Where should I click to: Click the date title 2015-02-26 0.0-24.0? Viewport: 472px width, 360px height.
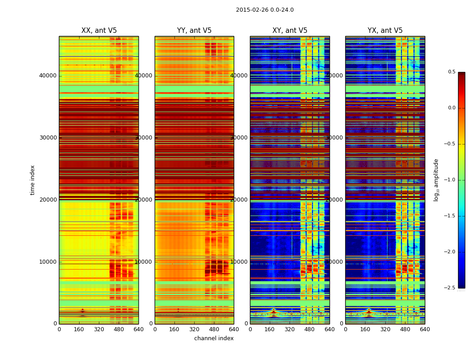point(265,10)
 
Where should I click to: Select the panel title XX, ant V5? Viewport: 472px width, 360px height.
point(99,31)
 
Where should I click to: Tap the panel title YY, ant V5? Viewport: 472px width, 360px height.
point(194,31)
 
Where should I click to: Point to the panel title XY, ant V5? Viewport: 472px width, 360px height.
point(290,31)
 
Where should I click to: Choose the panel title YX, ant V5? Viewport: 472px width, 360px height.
point(385,31)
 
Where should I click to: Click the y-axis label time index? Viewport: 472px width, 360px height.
point(32,180)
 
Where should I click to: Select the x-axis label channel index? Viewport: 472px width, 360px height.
point(214,338)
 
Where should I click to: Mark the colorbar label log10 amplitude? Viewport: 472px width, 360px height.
point(436,180)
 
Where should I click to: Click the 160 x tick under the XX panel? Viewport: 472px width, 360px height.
point(79,329)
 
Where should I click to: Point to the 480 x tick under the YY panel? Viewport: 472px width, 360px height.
point(214,329)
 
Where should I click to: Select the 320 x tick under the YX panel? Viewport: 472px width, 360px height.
point(385,329)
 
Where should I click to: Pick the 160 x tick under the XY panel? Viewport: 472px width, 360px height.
point(270,329)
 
